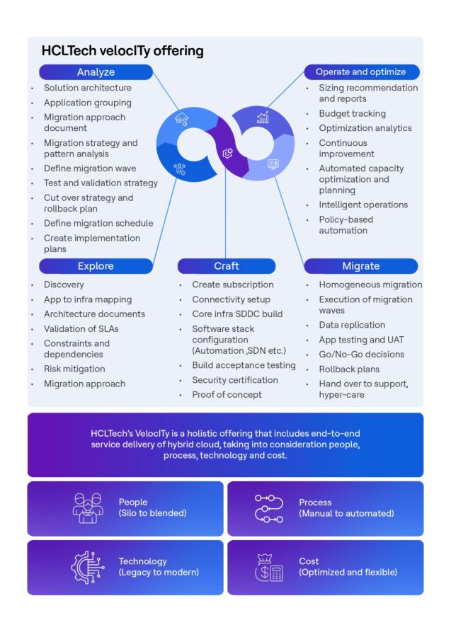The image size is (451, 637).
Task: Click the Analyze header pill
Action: [96, 72]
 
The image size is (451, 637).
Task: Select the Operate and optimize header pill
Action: [361, 72]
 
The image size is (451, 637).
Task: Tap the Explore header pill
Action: [96, 266]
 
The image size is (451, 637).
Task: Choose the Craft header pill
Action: [226, 266]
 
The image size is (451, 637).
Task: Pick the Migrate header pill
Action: [361, 266]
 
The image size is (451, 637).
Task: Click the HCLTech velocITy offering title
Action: [122, 51]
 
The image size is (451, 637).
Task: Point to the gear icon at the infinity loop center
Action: [227, 152]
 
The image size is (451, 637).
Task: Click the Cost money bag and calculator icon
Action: [268, 567]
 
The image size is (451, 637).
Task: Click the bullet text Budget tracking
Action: [352, 113]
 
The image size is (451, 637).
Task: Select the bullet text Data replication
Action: [352, 325]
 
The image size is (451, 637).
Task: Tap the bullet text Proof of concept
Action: [227, 394]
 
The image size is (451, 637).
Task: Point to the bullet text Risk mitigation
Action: [74, 369]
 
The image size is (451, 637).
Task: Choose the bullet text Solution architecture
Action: [87, 88]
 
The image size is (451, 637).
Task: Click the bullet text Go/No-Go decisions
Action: [361, 354]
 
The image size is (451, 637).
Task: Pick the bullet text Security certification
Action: [235, 380]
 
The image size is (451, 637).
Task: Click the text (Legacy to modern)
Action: [159, 572]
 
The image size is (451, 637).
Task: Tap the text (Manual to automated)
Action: [346, 513]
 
